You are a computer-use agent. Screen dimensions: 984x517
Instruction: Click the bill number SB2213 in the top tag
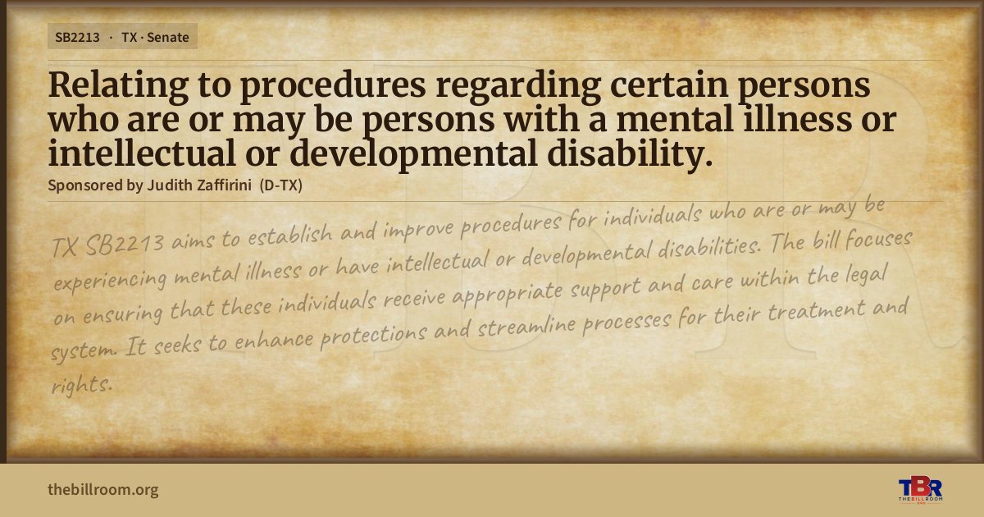coord(77,38)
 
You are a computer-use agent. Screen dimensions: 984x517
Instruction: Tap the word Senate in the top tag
coord(168,38)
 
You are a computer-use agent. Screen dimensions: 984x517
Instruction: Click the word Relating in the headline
coord(118,85)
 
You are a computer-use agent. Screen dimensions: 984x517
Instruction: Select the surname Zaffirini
coord(224,185)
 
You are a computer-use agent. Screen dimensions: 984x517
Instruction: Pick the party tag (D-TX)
coord(281,185)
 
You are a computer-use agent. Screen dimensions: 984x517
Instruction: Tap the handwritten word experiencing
coord(110,279)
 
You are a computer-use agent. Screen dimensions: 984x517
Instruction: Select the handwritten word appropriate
coord(508,295)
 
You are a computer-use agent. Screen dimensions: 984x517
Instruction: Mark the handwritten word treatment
coord(816,310)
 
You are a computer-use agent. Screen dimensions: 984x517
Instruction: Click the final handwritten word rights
coord(82,385)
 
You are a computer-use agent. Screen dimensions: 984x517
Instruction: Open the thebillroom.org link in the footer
coord(103,490)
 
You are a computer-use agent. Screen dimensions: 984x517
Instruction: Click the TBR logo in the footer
coord(920,489)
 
